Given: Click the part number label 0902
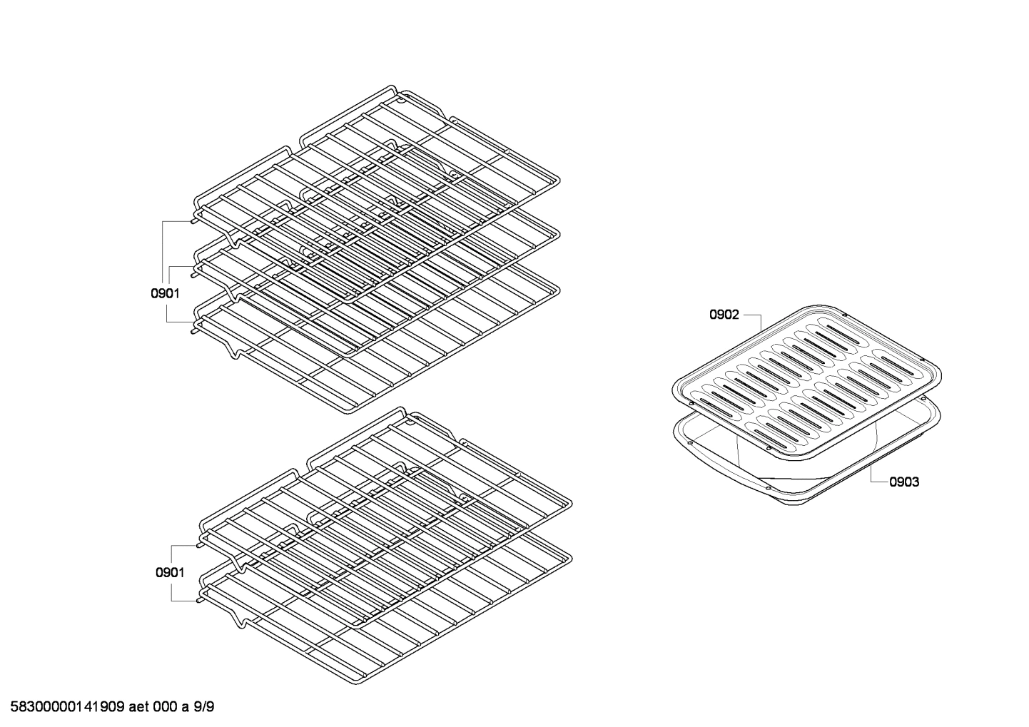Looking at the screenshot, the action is [x=724, y=315].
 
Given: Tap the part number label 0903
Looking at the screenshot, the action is [x=903, y=482].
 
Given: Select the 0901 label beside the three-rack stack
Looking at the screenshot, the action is [x=165, y=293].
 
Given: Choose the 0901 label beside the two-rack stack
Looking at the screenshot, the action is [x=170, y=572].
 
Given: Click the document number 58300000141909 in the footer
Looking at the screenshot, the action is [x=64, y=708].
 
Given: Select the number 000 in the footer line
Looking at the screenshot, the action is [x=165, y=708].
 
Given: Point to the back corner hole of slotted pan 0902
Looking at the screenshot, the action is [x=844, y=314].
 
